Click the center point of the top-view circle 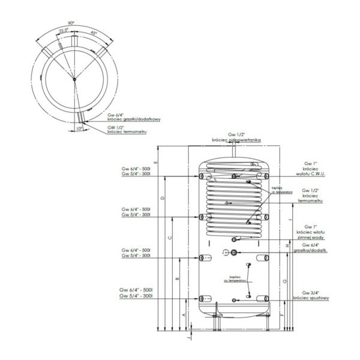point(73,79)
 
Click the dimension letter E point(155,163)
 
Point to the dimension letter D point(163,197)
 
